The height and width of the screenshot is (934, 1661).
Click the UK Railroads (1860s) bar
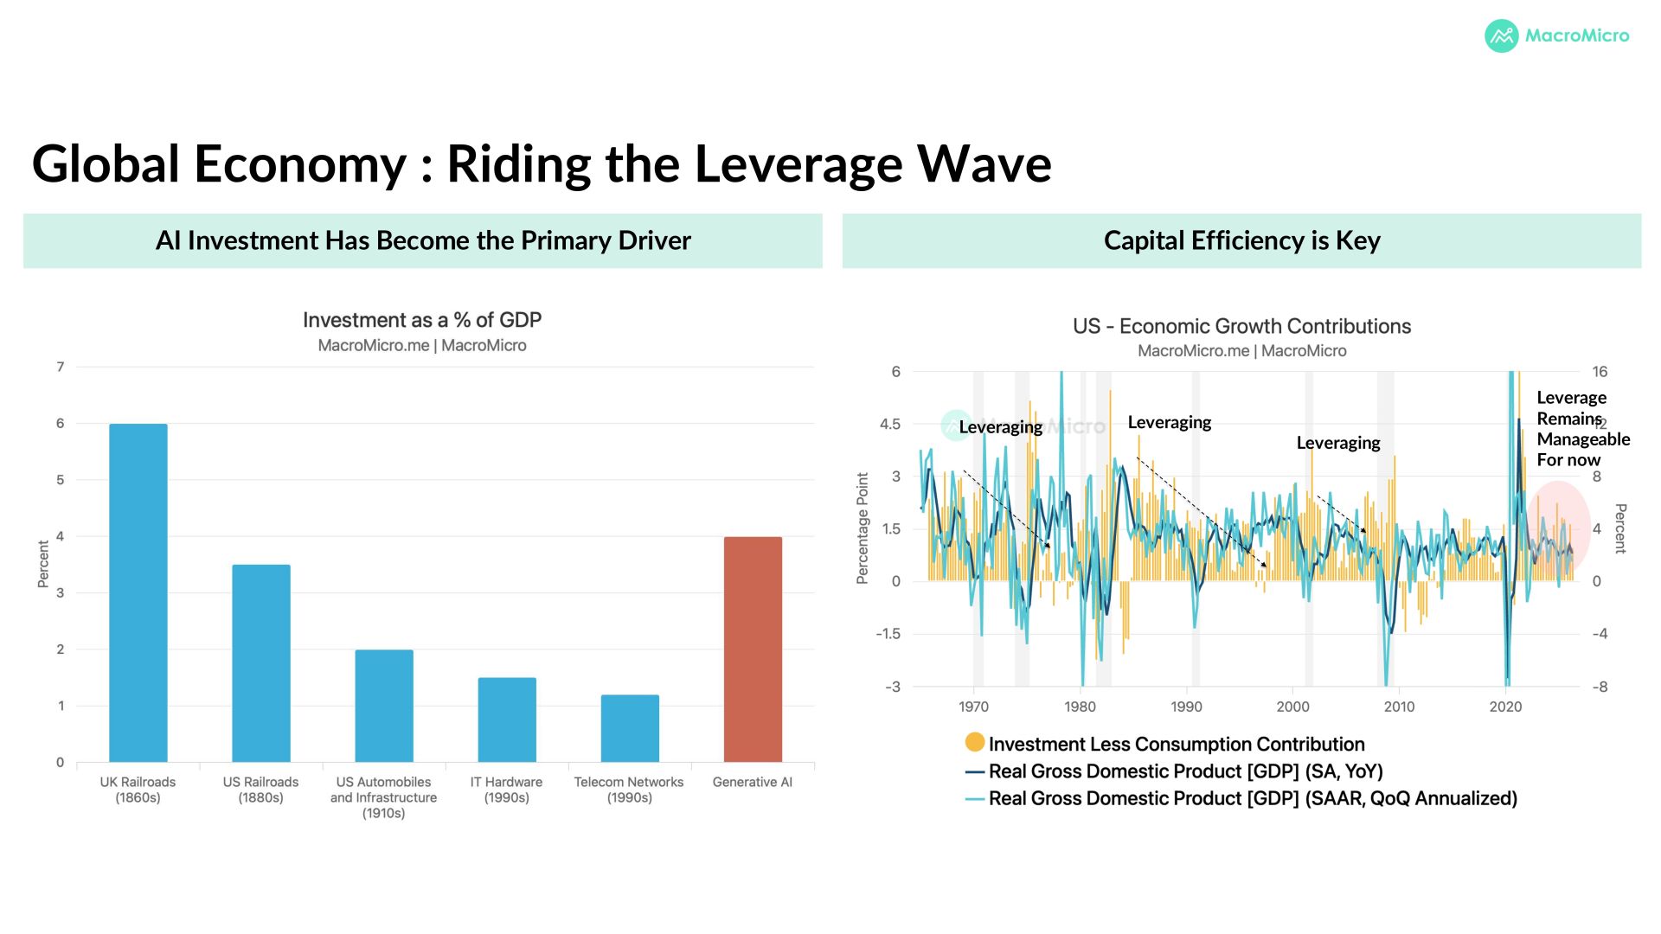138,592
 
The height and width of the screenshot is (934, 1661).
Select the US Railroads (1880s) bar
261,663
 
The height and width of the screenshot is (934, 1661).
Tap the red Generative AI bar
753,649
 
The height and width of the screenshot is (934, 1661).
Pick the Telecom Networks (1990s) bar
630,728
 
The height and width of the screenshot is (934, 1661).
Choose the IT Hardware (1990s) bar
507,720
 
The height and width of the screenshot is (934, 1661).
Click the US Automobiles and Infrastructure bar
384,706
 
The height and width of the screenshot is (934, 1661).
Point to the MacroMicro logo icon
1502,36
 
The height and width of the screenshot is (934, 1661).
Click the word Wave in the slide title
984,163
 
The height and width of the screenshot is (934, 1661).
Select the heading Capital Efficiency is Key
1241,240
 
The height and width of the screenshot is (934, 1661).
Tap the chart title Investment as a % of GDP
422,320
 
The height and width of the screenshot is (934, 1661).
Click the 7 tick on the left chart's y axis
61,367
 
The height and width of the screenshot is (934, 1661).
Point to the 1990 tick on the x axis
1186,707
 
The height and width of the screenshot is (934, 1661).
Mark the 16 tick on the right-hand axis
1600,372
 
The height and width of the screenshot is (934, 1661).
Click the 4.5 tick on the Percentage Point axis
890,424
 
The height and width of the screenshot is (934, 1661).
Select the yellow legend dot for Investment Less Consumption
975,742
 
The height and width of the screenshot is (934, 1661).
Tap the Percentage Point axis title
863,528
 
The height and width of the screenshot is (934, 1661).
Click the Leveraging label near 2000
1338,443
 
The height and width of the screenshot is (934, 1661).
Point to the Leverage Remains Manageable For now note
1583,429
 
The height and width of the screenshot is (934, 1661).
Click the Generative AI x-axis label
753,782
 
